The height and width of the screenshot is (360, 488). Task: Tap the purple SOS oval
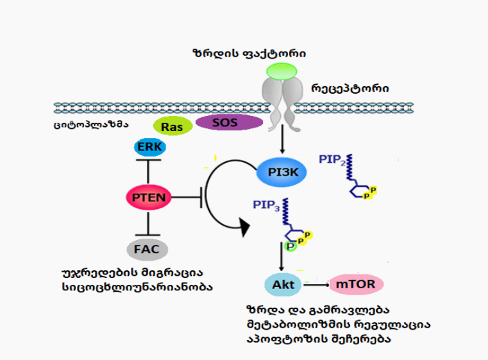228,122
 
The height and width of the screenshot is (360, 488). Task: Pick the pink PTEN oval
148,198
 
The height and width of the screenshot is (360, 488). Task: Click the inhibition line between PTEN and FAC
148,223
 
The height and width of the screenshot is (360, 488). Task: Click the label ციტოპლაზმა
95,126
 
